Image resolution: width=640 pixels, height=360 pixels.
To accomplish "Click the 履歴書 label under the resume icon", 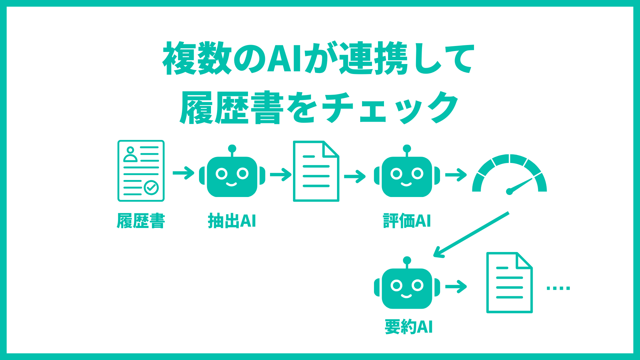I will click(141, 221).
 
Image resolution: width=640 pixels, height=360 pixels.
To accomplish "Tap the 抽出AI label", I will click(232, 221).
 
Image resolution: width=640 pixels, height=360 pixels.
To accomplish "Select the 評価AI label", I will click(407, 221).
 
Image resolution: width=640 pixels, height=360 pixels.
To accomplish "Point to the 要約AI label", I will click(409, 327).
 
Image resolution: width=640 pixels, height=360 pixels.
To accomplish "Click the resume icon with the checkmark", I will click(141, 171).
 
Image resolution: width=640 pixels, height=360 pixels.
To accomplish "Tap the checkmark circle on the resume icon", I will click(151, 188).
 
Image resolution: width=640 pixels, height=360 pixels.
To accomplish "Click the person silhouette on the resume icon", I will click(130, 154).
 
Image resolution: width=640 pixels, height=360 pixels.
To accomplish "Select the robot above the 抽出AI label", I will click(232, 175).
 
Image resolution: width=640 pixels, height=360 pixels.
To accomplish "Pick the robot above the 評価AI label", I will click(407, 175).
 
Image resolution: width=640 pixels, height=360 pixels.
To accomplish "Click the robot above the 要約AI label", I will click(407, 287).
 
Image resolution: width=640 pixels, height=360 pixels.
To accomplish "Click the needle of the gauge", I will click(520, 185).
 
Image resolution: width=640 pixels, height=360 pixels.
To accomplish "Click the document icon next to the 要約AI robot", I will click(509, 283).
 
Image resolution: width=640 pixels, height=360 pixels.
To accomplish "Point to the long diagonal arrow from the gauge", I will click(471, 234).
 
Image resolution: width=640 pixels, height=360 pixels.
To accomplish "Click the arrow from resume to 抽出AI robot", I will click(183, 173).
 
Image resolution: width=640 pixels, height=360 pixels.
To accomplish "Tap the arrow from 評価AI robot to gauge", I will click(456, 175).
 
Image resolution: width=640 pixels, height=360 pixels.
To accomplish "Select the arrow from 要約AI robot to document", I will click(456, 286).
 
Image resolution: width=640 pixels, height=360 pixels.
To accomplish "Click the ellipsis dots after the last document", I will click(558, 288).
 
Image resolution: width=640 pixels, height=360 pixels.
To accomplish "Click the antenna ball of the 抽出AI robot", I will click(232, 148).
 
